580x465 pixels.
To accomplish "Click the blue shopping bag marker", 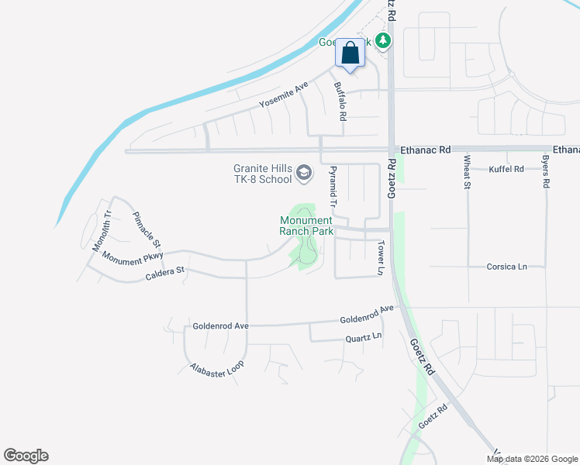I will [x=350, y=53].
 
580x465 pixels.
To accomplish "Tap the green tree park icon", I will [x=381, y=40].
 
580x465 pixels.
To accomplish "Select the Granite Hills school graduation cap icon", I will [x=303, y=172].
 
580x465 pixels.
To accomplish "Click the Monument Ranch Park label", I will [x=306, y=226].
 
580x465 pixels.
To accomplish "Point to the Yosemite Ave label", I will [x=285, y=96].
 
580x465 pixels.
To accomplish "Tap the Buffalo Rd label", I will [x=340, y=102].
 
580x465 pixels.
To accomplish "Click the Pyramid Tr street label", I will [x=333, y=187].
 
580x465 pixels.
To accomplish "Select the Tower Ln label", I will [x=381, y=258].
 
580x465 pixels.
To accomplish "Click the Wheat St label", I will [x=468, y=171].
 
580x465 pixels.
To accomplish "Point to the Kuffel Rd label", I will [x=506, y=168].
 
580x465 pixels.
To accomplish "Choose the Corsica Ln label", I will [x=506, y=267].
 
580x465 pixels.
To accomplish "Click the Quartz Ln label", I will [x=364, y=337].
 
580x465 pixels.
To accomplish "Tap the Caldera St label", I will [x=164, y=272].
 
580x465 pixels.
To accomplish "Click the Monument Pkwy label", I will [x=133, y=257].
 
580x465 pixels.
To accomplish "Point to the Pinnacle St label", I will [x=146, y=229].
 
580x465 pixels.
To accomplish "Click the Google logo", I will [x=26, y=456].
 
